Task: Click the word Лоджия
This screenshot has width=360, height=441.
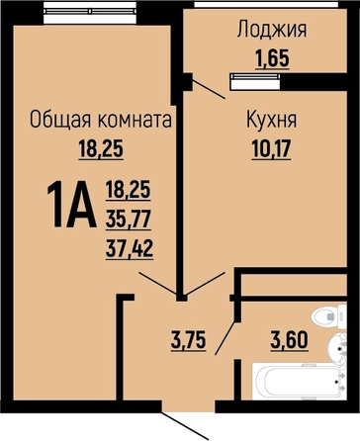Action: [272, 30]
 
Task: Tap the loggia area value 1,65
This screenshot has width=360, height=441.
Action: [273, 58]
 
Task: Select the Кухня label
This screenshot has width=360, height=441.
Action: [272, 120]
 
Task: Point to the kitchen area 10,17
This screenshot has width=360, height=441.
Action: [271, 148]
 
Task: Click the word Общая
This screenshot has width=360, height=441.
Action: [60, 120]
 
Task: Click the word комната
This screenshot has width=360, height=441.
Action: [135, 120]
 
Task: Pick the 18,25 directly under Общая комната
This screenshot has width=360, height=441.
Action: [101, 148]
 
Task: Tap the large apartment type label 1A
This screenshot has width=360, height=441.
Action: [71, 205]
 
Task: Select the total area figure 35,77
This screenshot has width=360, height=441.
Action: [129, 219]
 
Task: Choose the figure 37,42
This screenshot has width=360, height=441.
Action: [130, 248]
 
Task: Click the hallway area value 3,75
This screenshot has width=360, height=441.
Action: [189, 340]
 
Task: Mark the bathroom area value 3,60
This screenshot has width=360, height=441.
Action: [290, 340]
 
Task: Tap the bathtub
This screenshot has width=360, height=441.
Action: [298, 382]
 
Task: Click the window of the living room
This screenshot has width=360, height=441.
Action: [90, 12]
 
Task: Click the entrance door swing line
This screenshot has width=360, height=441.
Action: [185, 424]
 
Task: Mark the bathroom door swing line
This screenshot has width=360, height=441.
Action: [225, 337]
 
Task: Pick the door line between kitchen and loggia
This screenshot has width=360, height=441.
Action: [209, 89]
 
